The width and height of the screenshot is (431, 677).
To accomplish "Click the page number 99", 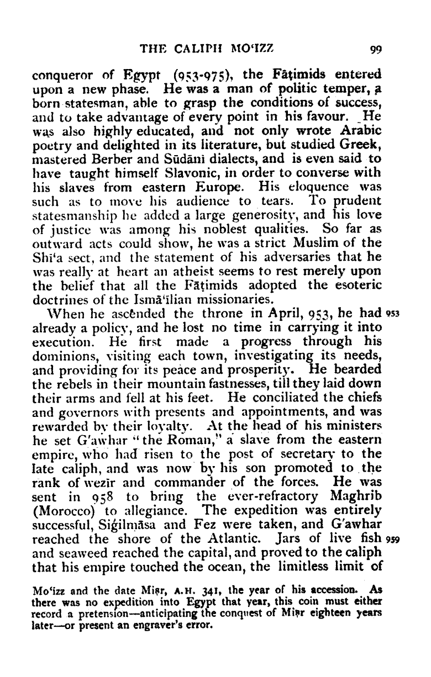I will pyautogui.click(x=376, y=48).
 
